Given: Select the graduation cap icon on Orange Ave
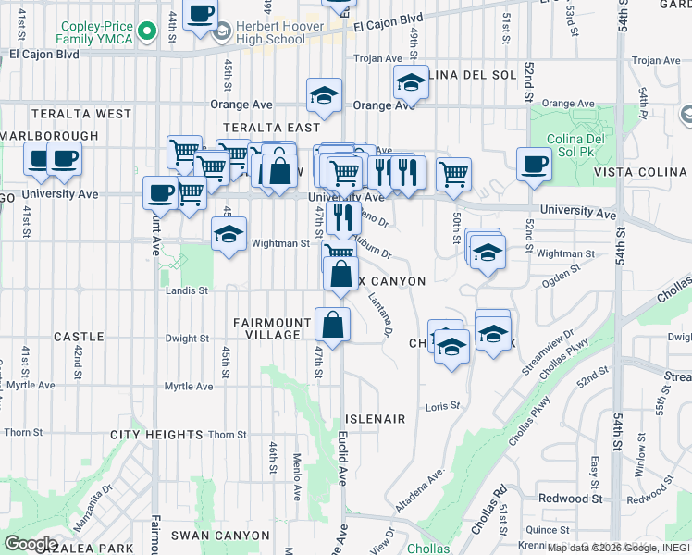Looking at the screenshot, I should click(x=325, y=95).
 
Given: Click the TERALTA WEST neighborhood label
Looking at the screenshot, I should click(x=81, y=114).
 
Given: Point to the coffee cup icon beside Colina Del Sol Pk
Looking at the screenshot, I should click(x=534, y=165).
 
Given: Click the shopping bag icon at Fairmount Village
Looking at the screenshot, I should click(x=332, y=325).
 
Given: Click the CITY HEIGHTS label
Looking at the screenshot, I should click(x=156, y=435).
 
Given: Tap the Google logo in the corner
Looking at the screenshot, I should click(x=31, y=543).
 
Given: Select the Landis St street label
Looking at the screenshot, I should click(x=188, y=290).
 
